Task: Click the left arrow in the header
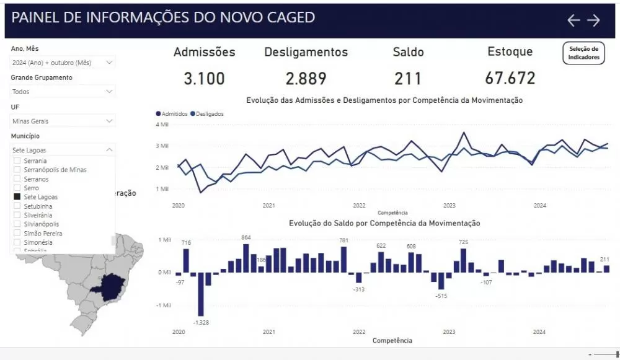[x=573, y=20]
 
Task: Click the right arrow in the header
[x=594, y=20]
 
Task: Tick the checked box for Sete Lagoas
[x=17, y=197]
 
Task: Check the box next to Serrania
[x=17, y=160]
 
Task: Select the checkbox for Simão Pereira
[x=17, y=234]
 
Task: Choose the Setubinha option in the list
[x=38, y=206]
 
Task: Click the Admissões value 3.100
[x=204, y=79]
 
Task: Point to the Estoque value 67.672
[x=510, y=79]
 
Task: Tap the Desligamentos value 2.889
[x=306, y=79]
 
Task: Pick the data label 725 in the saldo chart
[x=463, y=242]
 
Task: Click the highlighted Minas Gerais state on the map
[x=108, y=286]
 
